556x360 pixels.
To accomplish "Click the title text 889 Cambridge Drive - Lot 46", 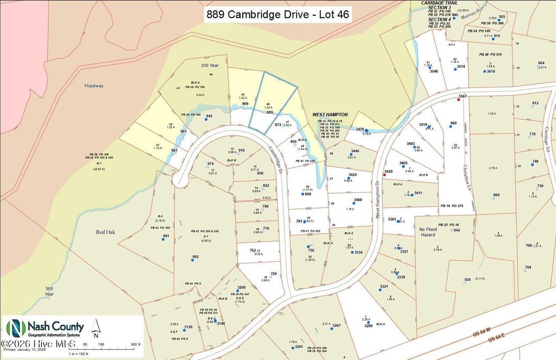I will coord(277,15).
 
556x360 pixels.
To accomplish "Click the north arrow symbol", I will coord(96,327).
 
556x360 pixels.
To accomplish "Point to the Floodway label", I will coord(93,86).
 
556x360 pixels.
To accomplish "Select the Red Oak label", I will coord(106,232).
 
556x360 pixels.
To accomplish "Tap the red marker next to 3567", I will coord(458,100).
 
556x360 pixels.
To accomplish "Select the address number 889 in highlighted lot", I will coord(269,112).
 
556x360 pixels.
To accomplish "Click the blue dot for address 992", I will coord(192,261).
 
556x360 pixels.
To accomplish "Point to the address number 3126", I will coord(188,327).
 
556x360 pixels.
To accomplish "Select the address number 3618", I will coord(491,71).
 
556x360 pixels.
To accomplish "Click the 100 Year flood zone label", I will coord(205,65).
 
